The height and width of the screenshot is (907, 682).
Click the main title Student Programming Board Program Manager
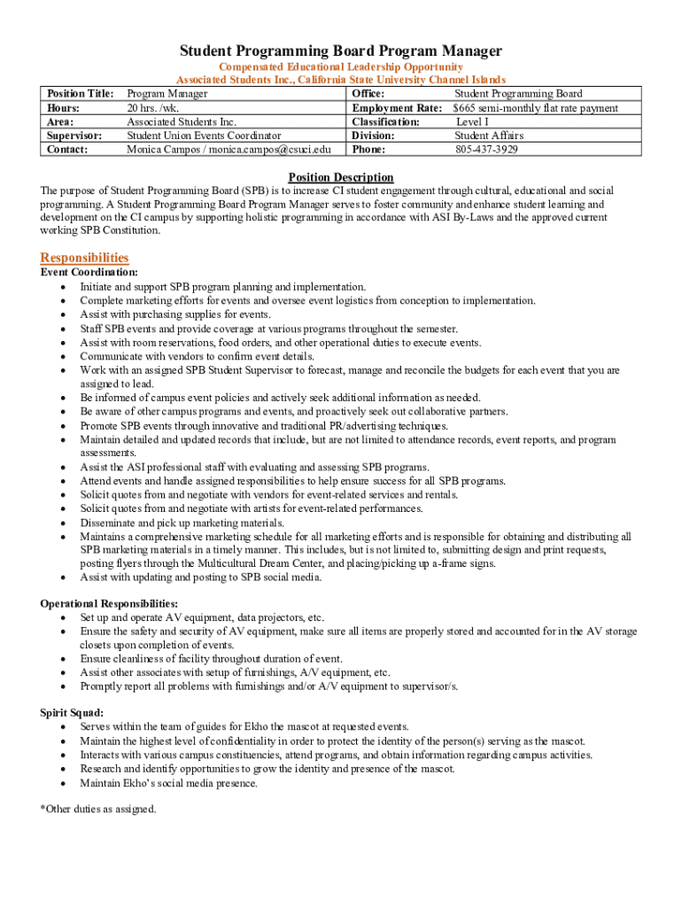point(341,51)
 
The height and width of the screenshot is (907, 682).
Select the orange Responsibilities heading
point(84,258)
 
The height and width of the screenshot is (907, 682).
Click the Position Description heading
point(341,177)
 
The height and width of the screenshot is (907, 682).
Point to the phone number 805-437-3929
point(486,150)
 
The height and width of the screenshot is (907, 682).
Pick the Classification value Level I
point(474,121)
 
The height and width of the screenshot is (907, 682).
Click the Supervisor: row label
point(74,136)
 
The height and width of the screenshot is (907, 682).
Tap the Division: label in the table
point(373,136)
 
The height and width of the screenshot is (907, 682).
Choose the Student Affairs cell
point(489,136)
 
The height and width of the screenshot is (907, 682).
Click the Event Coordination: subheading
point(89,273)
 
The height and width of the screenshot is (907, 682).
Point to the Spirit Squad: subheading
point(72,713)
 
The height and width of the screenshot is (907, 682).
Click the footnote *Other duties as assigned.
point(98,809)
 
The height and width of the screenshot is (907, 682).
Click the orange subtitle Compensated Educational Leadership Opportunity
point(341,67)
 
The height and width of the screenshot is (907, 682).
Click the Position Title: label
point(80,94)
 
